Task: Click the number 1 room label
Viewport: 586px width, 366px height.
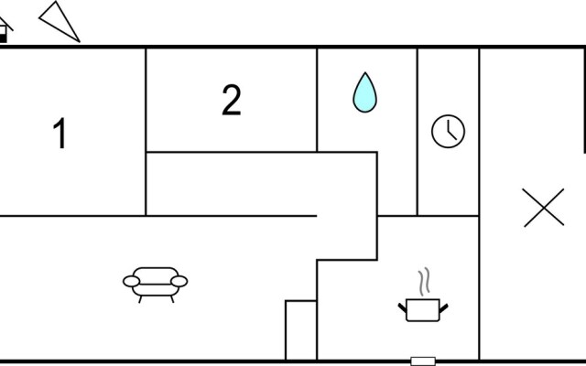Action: coord(60,134)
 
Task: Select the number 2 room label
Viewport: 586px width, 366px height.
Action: coord(232,100)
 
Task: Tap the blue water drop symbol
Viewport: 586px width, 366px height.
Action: coord(364,92)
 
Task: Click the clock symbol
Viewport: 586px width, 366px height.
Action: coord(448,131)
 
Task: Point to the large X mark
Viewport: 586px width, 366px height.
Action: coord(544,208)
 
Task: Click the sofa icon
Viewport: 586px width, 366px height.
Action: coord(156,285)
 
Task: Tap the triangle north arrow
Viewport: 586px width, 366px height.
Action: coord(59,21)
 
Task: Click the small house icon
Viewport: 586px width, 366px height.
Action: coord(4,30)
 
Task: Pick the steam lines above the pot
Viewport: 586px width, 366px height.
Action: coord(424,282)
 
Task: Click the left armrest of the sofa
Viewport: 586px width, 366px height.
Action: coord(132,282)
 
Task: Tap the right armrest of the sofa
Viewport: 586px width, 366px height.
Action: coord(179,282)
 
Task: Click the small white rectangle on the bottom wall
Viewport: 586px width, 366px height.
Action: coord(423,361)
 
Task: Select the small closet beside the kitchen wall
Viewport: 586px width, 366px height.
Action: coord(301,330)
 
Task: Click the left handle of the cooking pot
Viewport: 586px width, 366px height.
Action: coord(403,308)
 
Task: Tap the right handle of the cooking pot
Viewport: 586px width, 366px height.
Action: coord(443,308)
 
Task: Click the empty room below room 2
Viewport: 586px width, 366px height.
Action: coord(261,184)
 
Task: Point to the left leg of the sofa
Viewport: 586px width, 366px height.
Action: coord(140,299)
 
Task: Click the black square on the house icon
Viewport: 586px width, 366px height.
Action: coord(3,38)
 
